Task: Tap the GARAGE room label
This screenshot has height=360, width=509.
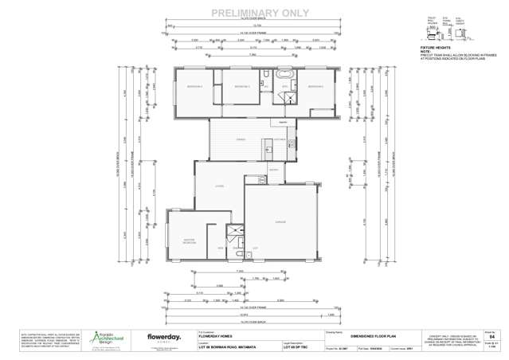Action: click(x=280, y=222)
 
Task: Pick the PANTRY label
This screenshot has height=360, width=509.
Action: click(x=272, y=170)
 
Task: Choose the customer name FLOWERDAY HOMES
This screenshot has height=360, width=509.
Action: click(x=219, y=337)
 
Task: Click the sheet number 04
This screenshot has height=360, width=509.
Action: click(x=489, y=337)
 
